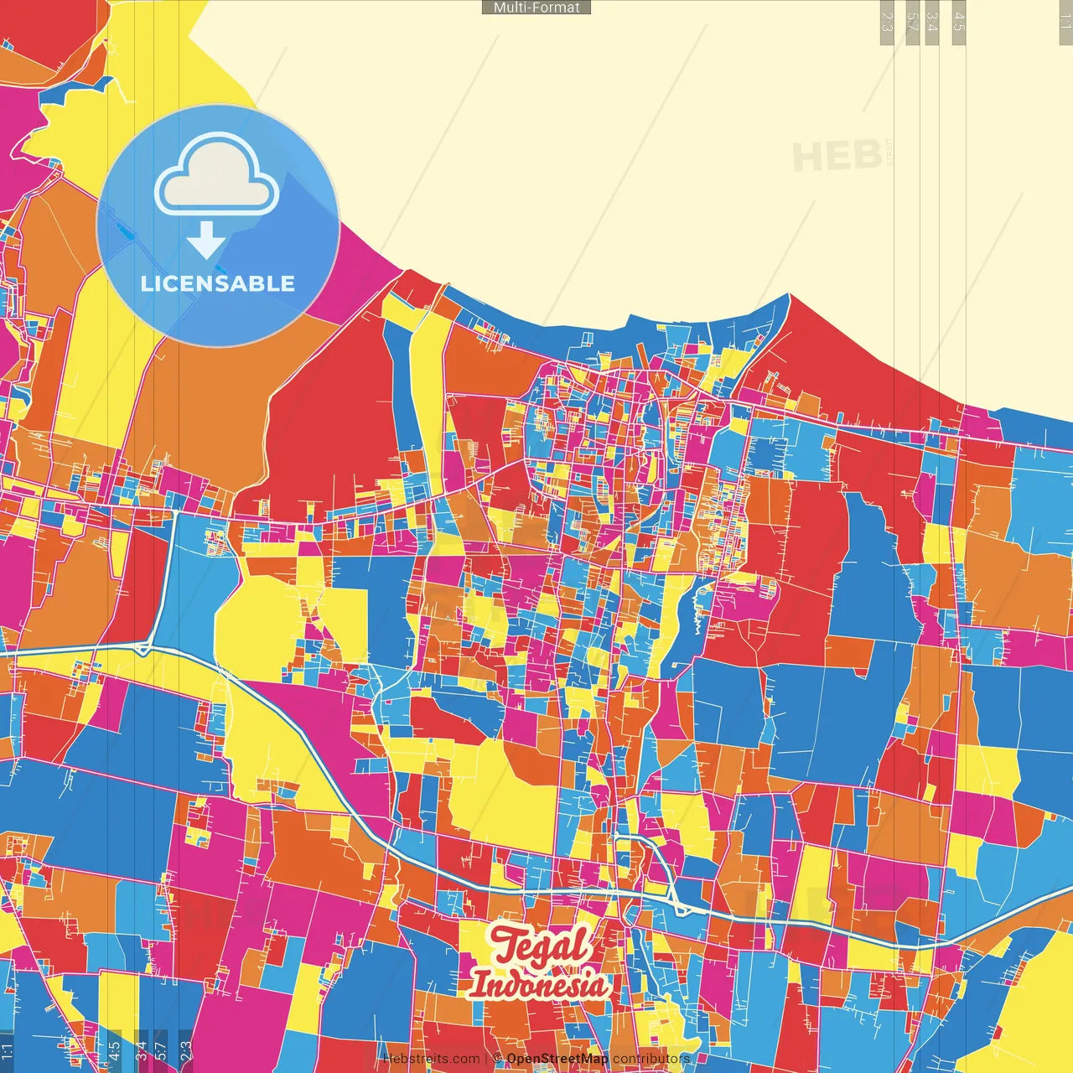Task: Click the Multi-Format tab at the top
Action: pos(536,8)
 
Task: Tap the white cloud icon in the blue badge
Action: pos(216,178)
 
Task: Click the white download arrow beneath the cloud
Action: pos(205,241)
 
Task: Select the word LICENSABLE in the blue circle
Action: pos(218,283)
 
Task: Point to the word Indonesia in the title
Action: pos(538,984)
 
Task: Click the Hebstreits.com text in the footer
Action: pos(431,1059)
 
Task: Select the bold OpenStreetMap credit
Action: pos(557,1059)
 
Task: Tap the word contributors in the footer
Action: pos(651,1059)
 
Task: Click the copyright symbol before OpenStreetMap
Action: pos(497,1059)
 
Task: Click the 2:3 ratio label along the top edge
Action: pos(887,22)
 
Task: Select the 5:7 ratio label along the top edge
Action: pos(912,22)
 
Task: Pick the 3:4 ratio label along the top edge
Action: pos(932,22)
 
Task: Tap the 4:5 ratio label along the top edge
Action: pos(959,22)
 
